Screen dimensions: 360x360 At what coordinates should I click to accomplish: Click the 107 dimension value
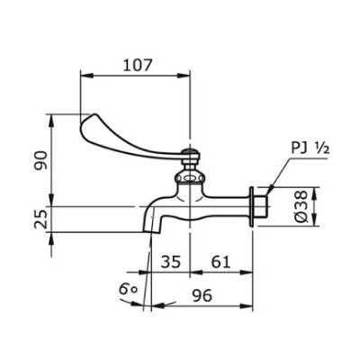pos(138,65)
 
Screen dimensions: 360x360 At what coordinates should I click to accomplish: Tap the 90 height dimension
pos(40,160)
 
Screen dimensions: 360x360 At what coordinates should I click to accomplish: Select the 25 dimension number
pos(40,219)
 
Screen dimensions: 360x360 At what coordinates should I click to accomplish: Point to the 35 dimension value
pos(171,262)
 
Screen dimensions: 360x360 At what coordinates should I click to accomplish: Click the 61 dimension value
pos(220,262)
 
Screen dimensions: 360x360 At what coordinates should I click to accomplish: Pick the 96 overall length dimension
pos(202,295)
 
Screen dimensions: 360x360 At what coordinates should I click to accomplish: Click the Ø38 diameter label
pos(301,206)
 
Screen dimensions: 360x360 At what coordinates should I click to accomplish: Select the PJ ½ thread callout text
pos(310,148)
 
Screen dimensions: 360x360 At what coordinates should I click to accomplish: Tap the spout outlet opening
pos(151,232)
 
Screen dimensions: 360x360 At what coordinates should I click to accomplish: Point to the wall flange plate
pos(251,207)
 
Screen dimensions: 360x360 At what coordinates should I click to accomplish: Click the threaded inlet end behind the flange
pos(261,206)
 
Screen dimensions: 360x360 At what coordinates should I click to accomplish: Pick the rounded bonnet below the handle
pos(190,177)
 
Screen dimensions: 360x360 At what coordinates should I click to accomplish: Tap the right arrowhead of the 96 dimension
pos(247,305)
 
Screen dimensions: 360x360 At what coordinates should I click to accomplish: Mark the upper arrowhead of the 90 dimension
pos(51,121)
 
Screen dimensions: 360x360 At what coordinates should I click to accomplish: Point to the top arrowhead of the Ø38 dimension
pos(314,193)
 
